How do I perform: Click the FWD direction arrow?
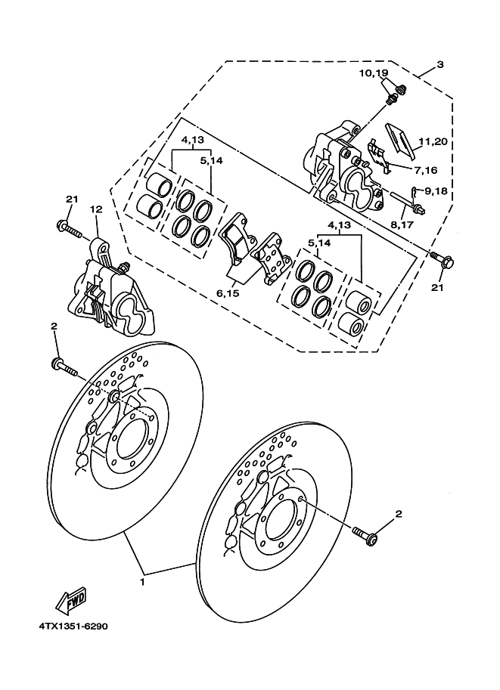pyautogui.click(x=70, y=601)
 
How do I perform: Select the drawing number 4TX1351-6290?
pyautogui.click(x=73, y=626)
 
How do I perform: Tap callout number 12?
pyautogui.click(x=96, y=209)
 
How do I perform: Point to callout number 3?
pyautogui.click(x=439, y=65)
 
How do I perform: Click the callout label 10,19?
pyautogui.click(x=373, y=73)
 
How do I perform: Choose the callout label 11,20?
pyautogui.click(x=433, y=141)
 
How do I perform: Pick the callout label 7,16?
pyautogui.click(x=425, y=170)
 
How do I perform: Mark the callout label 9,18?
pyautogui.click(x=436, y=191)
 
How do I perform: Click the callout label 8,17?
pyautogui.click(x=402, y=224)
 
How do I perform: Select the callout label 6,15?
pyautogui.click(x=228, y=292)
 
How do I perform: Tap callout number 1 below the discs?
pyautogui.click(x=142, y=582)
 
